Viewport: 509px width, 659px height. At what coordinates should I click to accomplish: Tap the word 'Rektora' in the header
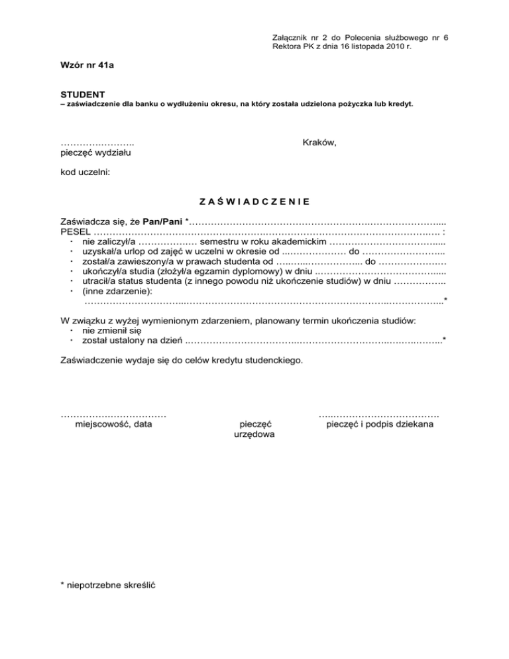tap(287, 48)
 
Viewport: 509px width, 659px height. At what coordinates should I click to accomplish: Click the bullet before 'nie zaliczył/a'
tap(70, 243)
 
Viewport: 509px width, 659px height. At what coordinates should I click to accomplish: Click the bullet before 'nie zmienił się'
tap(70, 329)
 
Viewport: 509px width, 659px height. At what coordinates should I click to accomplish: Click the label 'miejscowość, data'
tap(113, 423)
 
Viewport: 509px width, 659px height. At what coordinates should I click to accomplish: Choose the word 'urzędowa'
tap(255, 434)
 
